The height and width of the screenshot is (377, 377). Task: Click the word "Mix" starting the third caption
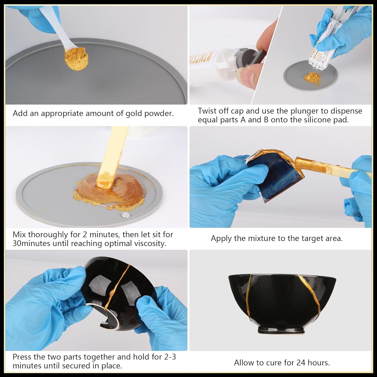click(19, 234)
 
